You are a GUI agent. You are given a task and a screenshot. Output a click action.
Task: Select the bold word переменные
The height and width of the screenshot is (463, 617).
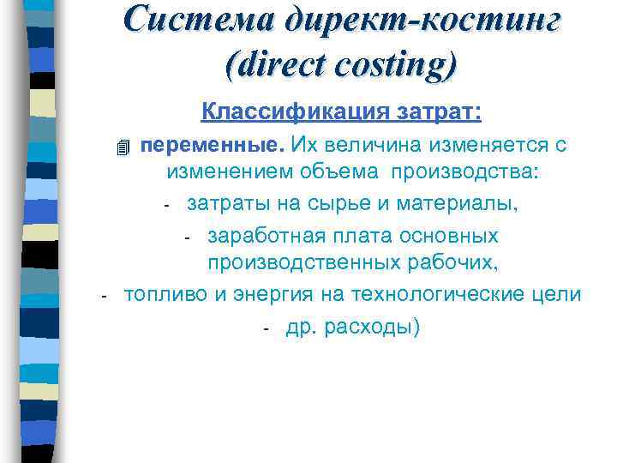(x=213, y=144)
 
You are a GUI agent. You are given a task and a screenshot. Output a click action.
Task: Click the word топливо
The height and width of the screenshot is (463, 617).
(x=166, y=294)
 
